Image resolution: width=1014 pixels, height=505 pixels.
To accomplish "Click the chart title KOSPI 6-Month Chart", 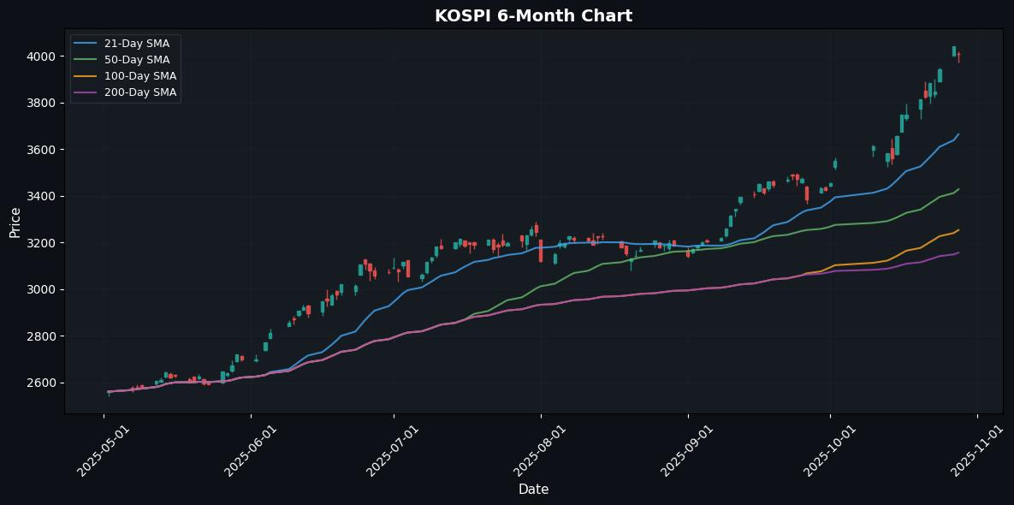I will click(533, 15).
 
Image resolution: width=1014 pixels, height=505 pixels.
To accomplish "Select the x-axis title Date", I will click(533, 490).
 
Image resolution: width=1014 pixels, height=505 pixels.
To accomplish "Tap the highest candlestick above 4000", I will click(954, 51).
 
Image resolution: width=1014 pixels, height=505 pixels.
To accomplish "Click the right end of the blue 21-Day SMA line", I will click(958, 134).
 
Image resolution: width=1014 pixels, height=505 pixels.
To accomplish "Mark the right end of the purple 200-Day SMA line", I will click(958, 253).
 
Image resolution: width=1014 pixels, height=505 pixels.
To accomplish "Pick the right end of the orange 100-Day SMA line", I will click(958, 229).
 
